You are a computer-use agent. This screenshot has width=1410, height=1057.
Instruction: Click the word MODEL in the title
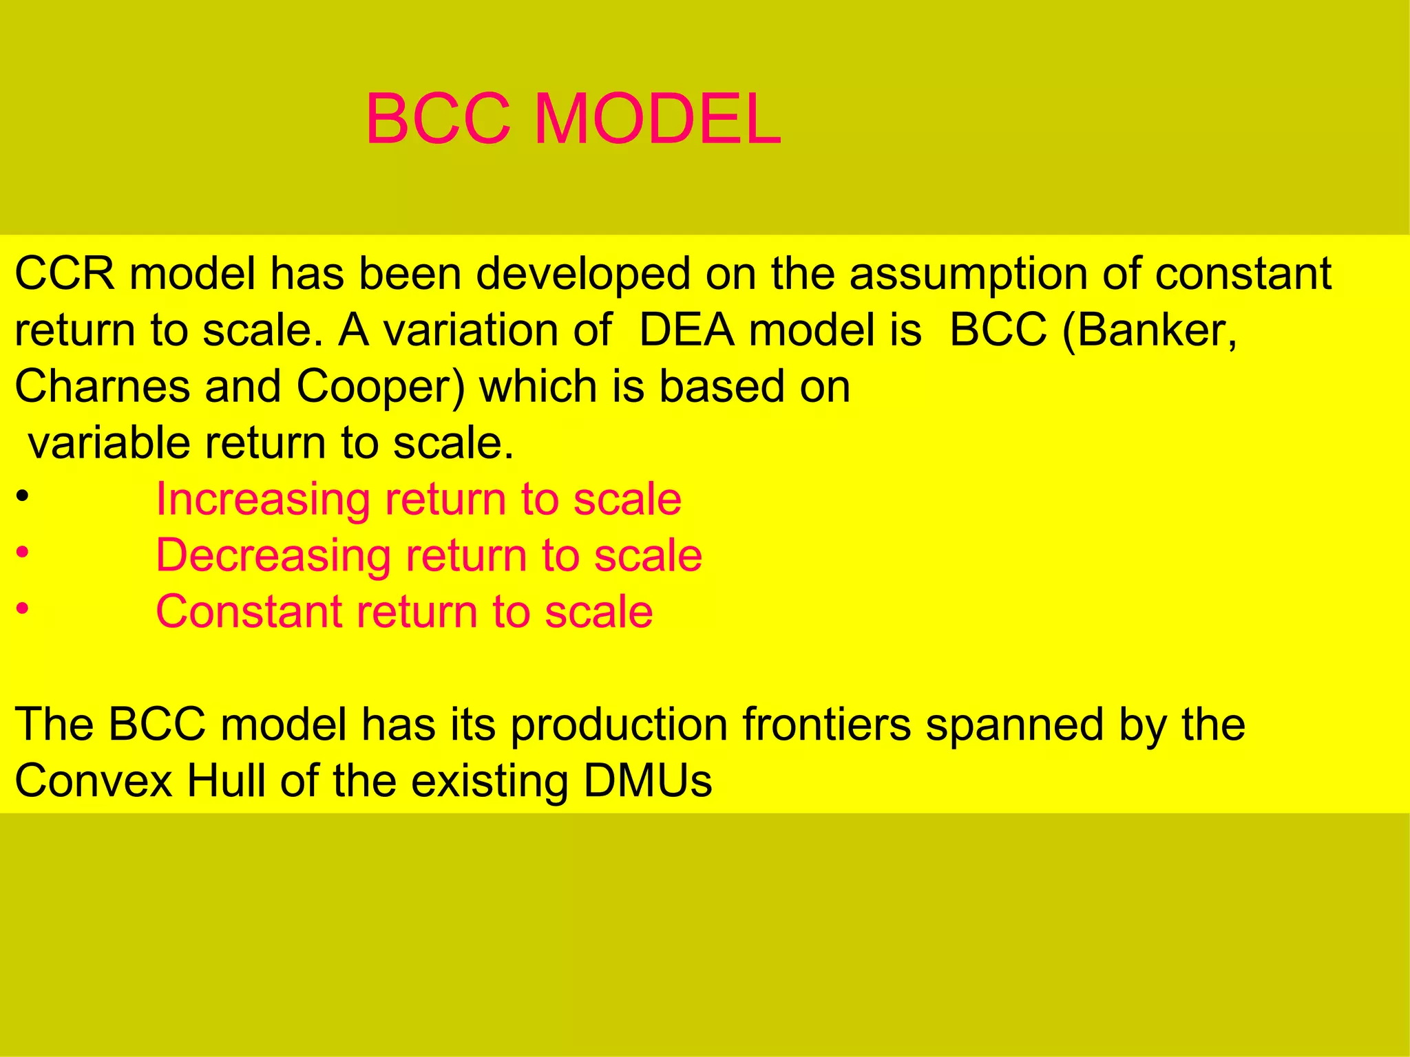(x=657, y=120)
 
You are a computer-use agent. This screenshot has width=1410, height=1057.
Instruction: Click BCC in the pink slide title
(x=438, y=120)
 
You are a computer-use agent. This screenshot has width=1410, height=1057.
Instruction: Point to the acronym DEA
(x=686, y=330)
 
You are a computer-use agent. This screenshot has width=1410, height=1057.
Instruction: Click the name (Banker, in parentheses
(x=1150, y=330)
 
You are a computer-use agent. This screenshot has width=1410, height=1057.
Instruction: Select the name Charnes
(x=102, y=387)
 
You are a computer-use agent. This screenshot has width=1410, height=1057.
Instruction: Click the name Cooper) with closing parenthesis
(x=381, y=387)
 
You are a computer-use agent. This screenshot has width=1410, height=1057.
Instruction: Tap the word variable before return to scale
(x=109, y=443)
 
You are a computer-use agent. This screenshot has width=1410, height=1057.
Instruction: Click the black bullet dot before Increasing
(x=23, y=496)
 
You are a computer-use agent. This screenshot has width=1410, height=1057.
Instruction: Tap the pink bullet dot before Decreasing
(x=23, y=553)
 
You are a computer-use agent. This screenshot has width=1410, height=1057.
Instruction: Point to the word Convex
(x=93, y=781)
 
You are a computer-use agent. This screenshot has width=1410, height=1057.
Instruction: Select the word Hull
(x=227, y=781)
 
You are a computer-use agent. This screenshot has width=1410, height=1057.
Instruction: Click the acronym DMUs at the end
(x=647, y=781)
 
